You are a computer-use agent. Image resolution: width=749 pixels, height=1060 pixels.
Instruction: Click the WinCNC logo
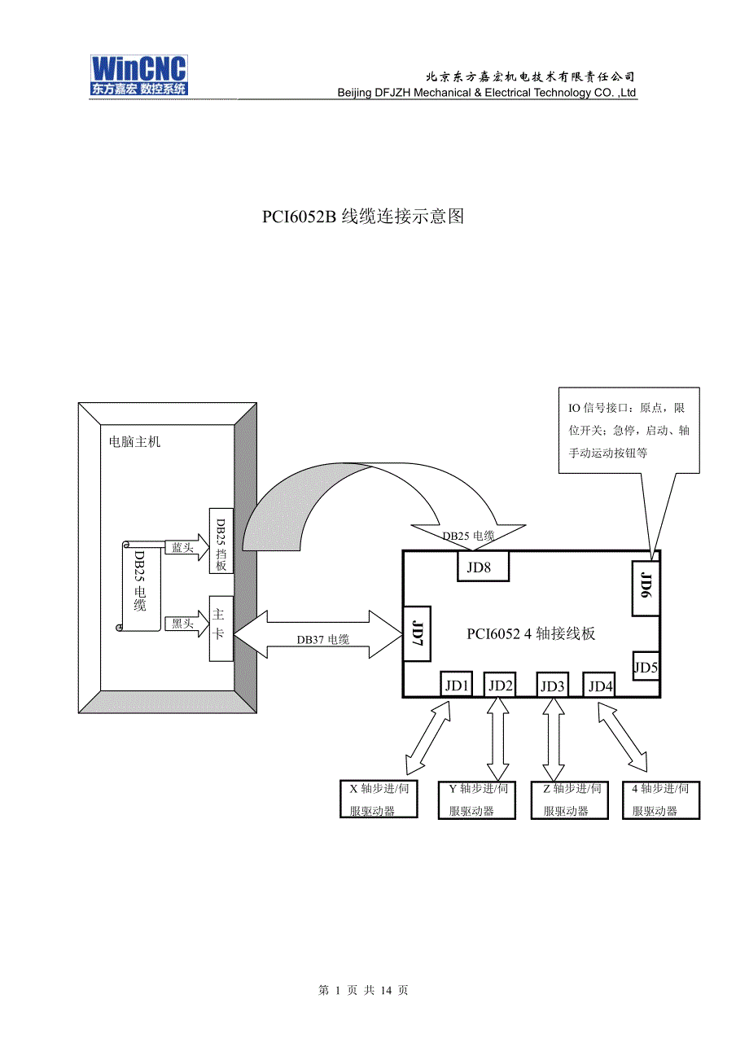(x=138, y=76)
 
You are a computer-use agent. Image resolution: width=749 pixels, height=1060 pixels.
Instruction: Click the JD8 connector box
(x=481, y=567)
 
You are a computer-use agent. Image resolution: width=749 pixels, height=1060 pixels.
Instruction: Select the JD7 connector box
(x=417, y=633)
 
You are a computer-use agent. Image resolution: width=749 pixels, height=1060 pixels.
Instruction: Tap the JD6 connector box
(x=646, y=588)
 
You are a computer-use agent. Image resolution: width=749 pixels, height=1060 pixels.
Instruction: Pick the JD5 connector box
(x=646, y=668)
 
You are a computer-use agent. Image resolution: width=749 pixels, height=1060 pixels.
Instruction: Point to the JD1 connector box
(x=457, y=685)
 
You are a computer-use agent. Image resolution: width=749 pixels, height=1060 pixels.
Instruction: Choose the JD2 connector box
(x=500, y=685)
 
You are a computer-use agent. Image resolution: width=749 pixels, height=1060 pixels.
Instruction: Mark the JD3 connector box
(x=553, y=685)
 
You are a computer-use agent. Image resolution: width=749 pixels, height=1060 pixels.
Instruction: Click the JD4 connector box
(x=600, y=685)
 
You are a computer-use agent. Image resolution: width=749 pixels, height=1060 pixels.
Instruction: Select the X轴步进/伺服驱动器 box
(x=379, y=799)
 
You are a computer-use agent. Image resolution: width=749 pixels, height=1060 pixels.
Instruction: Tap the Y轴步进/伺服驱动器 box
(x=477, y=799)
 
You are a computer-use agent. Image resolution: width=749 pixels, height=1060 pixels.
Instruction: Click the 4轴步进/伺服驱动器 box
(x=660, y=799)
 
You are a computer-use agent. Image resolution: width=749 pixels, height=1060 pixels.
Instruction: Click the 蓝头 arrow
(x=185, y=548)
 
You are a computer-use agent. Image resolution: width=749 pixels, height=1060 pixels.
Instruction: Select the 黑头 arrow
(x=185, y=624)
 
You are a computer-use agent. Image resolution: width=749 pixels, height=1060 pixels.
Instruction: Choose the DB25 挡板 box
(x=221, y=542)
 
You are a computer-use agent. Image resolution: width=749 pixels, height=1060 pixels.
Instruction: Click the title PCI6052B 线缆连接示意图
(x=363, y=217)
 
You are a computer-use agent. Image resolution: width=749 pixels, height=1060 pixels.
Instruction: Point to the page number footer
(x=363, y=990)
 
